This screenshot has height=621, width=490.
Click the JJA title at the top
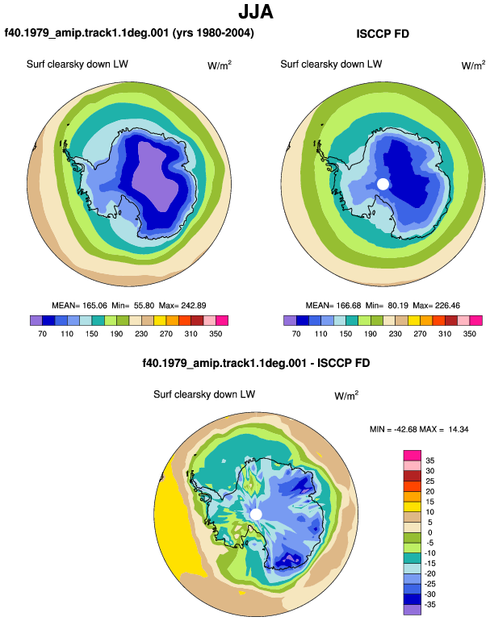(x=256, y=12)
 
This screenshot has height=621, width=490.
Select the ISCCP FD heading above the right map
(x=383, y=34)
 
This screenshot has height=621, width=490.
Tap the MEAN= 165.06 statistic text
(x=79, y=306)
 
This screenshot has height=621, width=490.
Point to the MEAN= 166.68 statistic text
(x=333, y=306)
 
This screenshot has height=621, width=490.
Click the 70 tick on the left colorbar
(x=42, y=333)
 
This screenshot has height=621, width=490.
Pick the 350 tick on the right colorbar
(x=469, y=333)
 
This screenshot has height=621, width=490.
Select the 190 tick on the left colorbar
(x=116, y=333)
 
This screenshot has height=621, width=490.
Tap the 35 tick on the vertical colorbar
(x=430, y=461)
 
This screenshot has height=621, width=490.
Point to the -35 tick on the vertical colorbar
(x=429, y=604)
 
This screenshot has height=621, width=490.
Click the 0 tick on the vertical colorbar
(x=430, y=532)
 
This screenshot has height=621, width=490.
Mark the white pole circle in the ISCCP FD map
(x=383, y=184)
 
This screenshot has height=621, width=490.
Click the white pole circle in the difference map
(x=256, y=515)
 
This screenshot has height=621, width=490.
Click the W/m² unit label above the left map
(x=220, y=65)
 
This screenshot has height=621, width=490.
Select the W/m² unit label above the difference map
(x=346, y=395)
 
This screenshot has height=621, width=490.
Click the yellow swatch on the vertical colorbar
(x=412, y=506)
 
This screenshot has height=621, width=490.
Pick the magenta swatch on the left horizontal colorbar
(x=222, y=320)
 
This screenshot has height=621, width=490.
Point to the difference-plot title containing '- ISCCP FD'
(x=256, y=363)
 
